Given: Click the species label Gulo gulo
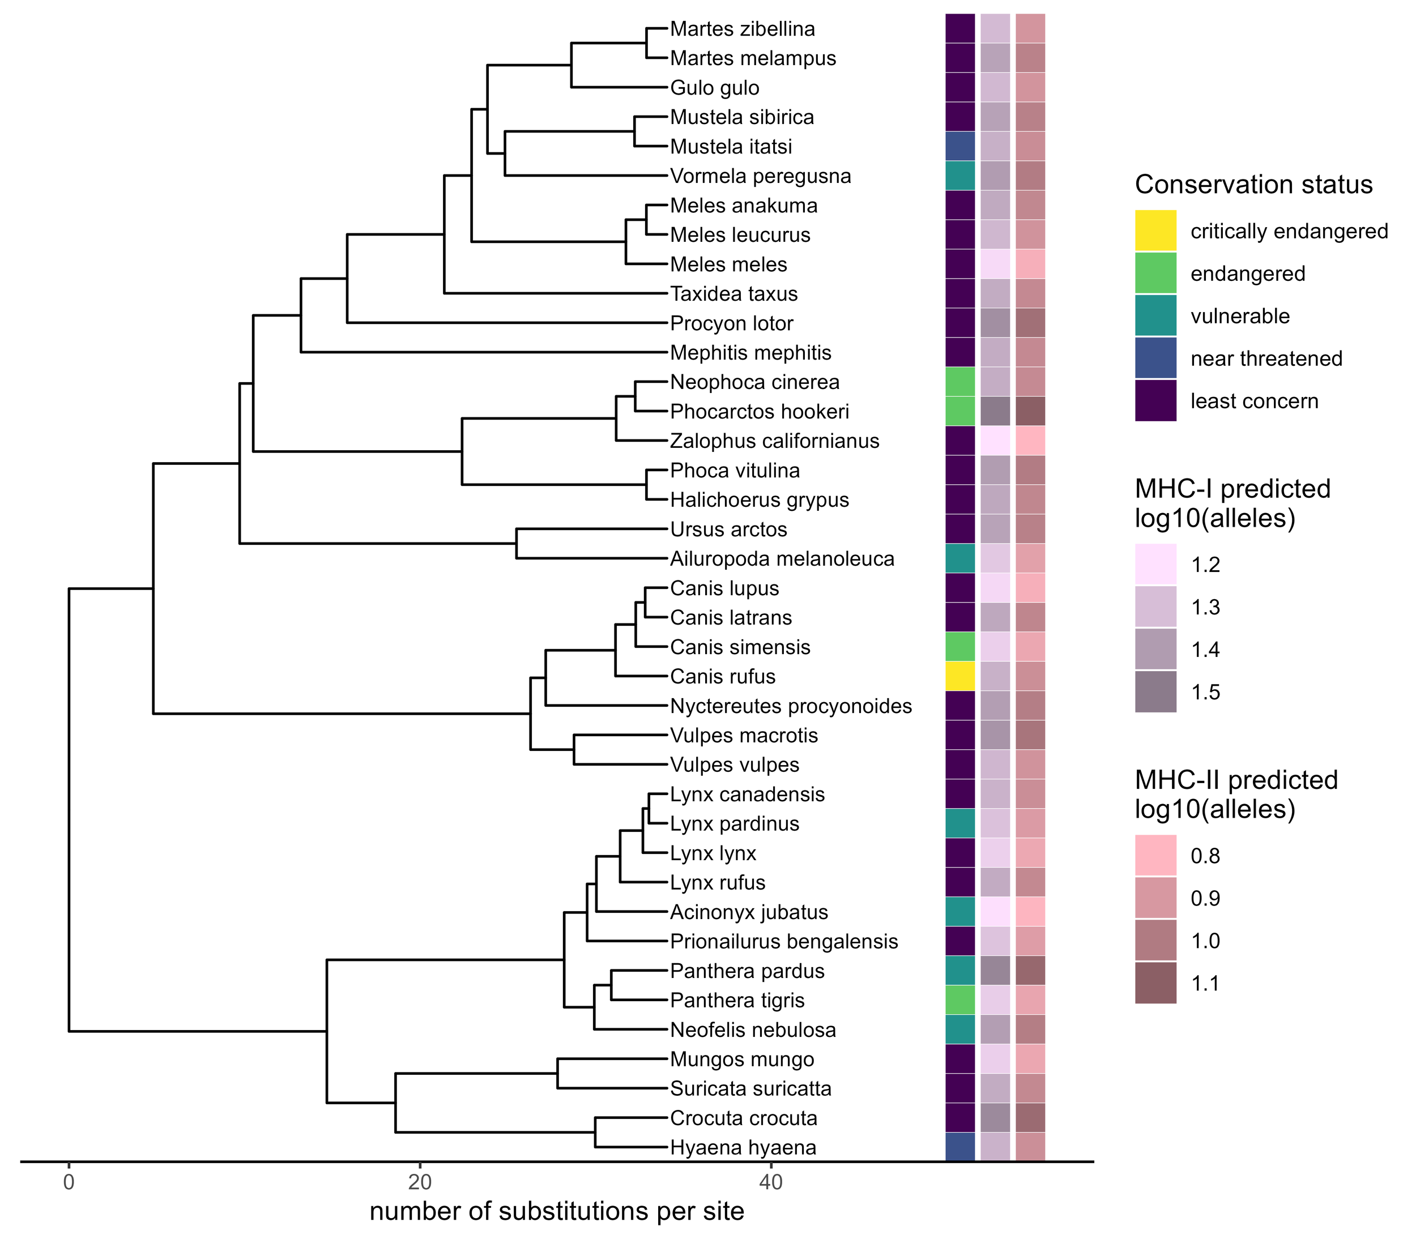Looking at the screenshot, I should tap(714, 88).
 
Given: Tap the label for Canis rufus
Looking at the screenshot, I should tap(723, 676).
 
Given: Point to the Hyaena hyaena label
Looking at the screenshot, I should tap(743, 1147).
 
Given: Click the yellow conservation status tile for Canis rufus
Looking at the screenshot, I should tap(959, 676).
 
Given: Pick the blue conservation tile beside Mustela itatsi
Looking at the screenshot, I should tap(959, 147).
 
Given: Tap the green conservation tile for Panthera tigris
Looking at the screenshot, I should tap(959, 1000).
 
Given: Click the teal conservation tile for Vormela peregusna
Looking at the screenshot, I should tap(959, 176).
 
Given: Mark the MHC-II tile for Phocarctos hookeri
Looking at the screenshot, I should tap(1030, 411).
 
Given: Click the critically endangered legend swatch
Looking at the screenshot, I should tap(1155, 230).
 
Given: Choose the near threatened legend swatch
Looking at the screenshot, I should tap(1155, 358).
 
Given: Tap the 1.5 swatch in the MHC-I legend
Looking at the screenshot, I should tap(1155, 691).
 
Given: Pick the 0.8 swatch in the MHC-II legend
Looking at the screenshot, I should tap(1155, 855).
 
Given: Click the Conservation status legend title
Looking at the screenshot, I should tap(1253, 185).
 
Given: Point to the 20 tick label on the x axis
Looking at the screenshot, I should tap(419, 1182).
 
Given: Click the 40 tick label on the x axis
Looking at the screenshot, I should tap(770, 1182).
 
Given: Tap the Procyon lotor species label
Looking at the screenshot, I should tap(732, 323).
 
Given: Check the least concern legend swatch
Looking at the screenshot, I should tap(1155, 400).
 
